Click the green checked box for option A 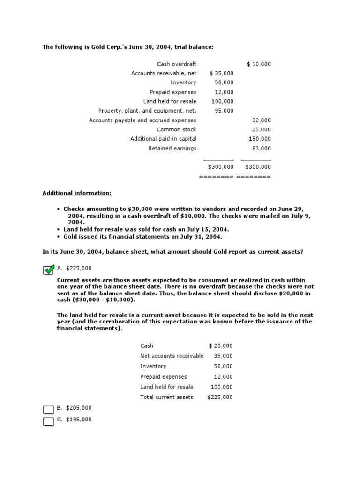coord(48,270)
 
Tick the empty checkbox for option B coord(48,410)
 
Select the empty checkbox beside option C coord(48,421)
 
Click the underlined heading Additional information coord(77,193)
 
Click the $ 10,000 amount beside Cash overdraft coord(259,64)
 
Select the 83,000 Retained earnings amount coord(262,148)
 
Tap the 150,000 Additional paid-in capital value coord(260,139)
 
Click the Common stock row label coord(176,129)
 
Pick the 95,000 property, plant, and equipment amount coord(224,111)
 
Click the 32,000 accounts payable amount coord(262,120)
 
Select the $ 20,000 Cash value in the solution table coord(221,345)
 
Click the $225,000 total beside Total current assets coord(220,397)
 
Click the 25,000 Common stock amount coord(262,129)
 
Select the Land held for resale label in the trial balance coord(170,101)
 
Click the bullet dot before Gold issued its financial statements coord(58,237)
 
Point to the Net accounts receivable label coord(172,356)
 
